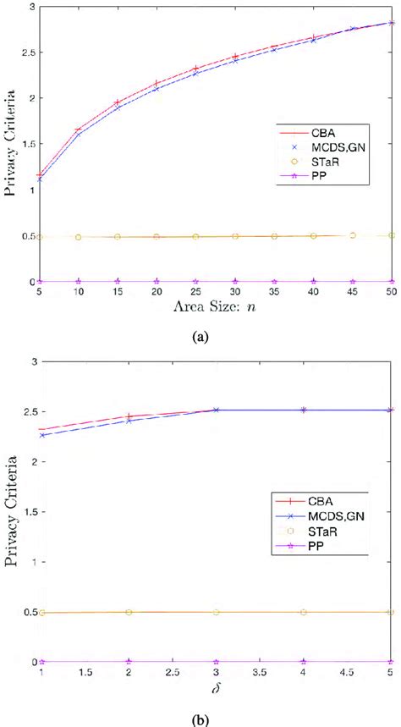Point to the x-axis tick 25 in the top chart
point(196,291)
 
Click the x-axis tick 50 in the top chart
point(391,291)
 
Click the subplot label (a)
point(200,336)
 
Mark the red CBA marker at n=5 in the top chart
point(40,175)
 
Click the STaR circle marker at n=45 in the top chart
point(352,235)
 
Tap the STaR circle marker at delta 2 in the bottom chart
point(129,612)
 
